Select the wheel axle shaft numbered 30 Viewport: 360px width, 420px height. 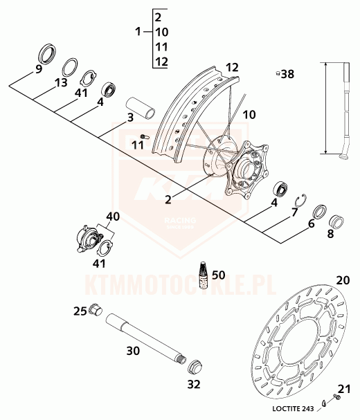click(145, 339)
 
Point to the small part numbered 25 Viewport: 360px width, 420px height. click(96, 310)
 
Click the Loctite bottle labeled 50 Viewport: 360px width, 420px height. click(204, 275)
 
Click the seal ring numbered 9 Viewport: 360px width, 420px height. click(48, 54)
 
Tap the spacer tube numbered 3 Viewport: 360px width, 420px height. click(141, 107)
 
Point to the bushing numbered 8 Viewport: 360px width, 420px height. click(336, 222)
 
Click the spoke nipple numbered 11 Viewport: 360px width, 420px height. click(145, 136)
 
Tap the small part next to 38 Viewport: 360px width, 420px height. click(278, 73)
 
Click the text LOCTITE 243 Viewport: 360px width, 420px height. click(293, 409)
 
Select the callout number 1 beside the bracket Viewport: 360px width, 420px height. click(138, 32)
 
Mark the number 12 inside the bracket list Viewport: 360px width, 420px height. click(161, 62)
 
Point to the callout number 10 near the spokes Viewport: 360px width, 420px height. click(249, 115)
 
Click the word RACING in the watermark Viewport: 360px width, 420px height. click(180, 221)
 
